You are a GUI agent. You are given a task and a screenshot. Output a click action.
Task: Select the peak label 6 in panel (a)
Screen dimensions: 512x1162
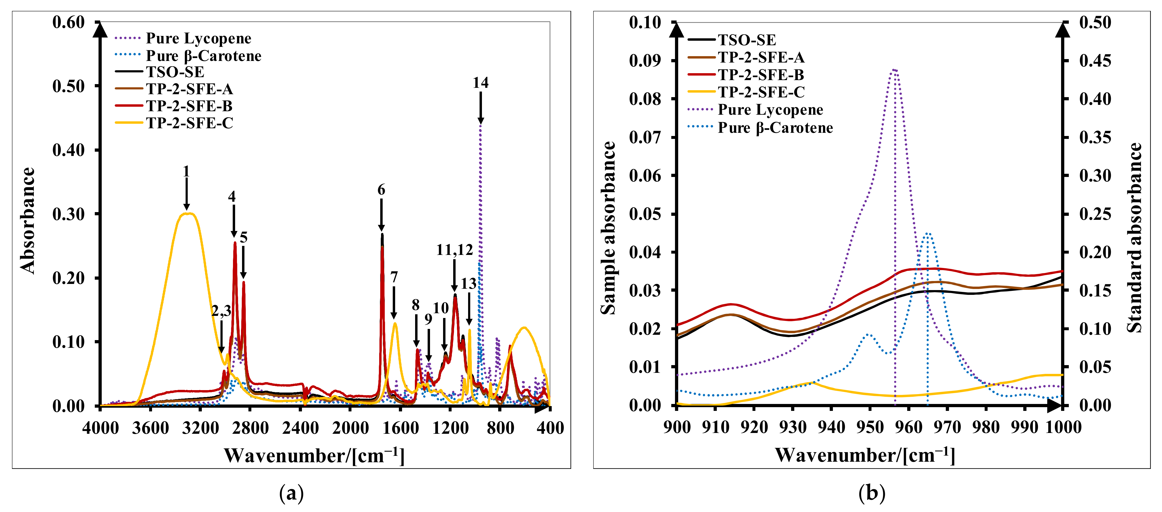[x=381, y=190]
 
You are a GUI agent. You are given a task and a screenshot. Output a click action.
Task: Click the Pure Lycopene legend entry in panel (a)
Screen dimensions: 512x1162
[x=198, y=38]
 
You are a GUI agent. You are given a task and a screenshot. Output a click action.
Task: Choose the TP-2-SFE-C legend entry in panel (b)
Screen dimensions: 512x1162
[x=761, y=92]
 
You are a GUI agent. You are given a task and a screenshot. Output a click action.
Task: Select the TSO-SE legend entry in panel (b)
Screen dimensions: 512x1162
[x=747, y=40]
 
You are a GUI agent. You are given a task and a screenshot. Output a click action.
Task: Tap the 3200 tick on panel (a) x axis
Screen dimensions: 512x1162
[x=200, y=427]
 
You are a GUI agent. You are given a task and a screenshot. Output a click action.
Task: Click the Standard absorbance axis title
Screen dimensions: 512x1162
[x=1135, y=238]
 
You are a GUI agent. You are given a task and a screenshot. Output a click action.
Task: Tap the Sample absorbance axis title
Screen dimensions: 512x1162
[x=608, y=228]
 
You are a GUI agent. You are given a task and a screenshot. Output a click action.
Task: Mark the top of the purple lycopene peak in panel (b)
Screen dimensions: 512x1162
[x=894, y=69]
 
